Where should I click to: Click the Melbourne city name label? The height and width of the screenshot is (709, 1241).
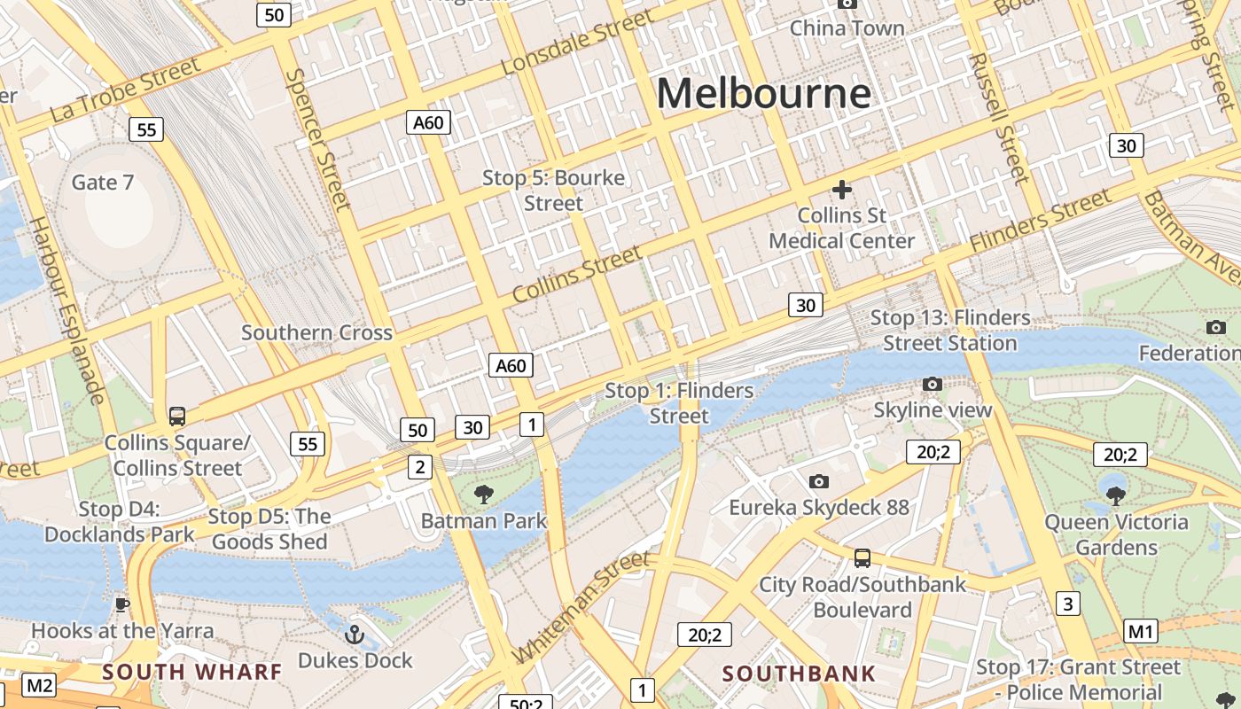764,93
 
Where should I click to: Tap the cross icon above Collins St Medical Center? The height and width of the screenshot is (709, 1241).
841,189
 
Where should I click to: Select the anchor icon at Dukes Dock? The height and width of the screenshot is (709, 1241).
355,635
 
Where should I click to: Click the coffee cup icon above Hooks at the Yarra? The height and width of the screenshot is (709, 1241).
122,605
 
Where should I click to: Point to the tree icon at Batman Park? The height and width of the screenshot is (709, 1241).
483,494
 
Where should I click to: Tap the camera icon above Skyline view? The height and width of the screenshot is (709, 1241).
932,384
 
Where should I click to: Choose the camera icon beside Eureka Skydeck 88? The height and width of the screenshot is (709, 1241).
819,481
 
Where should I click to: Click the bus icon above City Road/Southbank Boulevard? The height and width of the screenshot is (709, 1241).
862,558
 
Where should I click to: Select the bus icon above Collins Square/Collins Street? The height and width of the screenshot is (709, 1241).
177,416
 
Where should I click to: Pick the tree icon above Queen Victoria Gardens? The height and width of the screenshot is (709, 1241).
1116,495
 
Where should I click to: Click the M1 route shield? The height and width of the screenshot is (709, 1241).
1141,632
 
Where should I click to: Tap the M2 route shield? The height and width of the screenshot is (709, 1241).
39,685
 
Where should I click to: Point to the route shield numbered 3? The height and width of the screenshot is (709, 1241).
1068,604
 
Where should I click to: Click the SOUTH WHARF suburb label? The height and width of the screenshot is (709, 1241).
191,672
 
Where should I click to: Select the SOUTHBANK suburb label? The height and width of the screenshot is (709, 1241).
799,674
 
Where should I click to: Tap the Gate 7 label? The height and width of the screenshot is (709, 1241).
103,183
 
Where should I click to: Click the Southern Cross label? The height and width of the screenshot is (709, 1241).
316,333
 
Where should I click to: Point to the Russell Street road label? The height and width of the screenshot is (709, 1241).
999,117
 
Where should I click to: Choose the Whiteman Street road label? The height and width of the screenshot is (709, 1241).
581,608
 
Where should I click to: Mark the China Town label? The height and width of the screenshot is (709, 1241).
847,28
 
